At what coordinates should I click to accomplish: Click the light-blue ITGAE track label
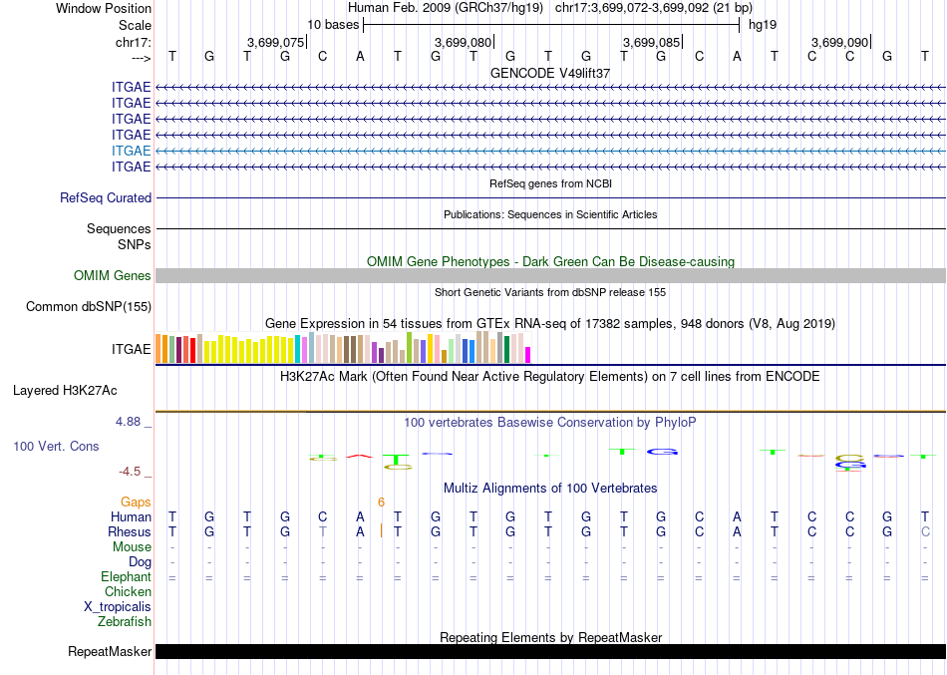click(132, 151)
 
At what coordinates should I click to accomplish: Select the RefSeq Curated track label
click(106, 198)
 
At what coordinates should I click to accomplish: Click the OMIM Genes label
click(113, 276)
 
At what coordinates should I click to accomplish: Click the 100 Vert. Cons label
click(56, 447)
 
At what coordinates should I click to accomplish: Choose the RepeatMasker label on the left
click(110, 652)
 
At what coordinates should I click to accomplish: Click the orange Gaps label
click(136, 502)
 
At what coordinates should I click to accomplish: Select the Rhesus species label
click(130, 532)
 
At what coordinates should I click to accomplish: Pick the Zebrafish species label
click(125, 622)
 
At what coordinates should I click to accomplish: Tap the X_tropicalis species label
click(118, 607)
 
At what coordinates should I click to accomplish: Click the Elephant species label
click(126, 577)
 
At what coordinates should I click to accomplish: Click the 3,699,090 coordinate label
click(839, 43)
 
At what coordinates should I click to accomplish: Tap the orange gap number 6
click(381, 502)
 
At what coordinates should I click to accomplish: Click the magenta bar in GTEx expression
click(528, 354)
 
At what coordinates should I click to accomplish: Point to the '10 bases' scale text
click(333, 24)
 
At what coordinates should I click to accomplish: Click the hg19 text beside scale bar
click(763, 24)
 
